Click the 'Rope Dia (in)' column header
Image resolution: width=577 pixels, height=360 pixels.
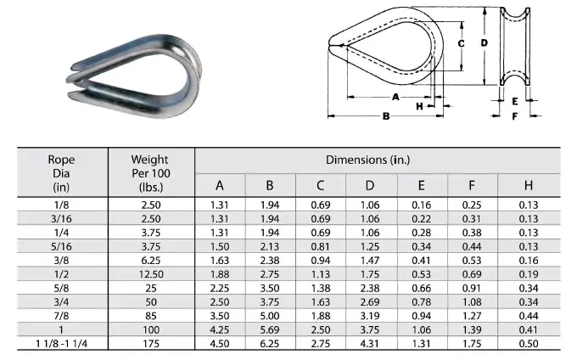[x=61, y=173]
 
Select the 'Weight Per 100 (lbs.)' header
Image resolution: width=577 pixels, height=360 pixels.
[x=149, y=173]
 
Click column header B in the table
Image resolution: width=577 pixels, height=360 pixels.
[x=270, y=186]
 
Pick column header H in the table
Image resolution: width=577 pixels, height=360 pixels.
[x=529, y=186]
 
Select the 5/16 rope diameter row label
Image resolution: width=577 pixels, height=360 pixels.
[x=61, y=245]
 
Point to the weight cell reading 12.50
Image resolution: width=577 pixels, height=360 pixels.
[x=149, y=273]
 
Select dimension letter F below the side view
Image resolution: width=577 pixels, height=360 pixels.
[x=514, y=116]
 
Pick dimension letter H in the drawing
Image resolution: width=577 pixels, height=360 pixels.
[x=419, y=106]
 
